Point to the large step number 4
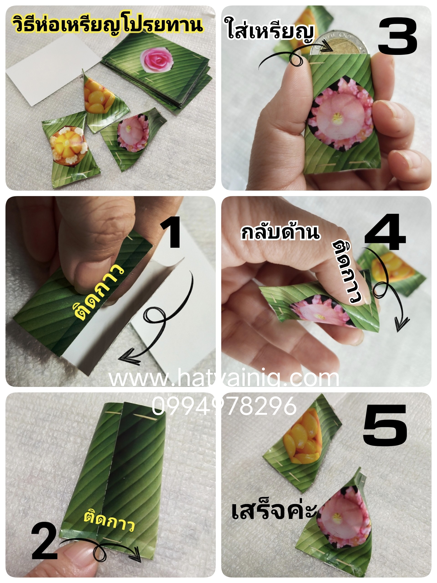click(x=385, y=232)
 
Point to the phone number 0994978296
click(x=224, y=406)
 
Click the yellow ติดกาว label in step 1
click(x=100, y=291)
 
